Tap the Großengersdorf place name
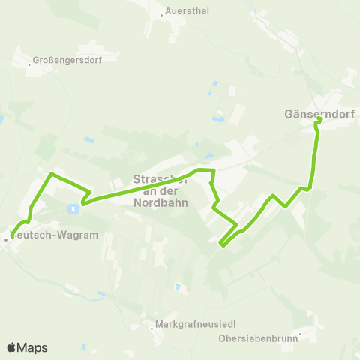pos(67,59)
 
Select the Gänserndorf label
pos(319,115)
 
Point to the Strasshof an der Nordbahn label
pos(160,190)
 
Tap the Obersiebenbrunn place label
pos(259,338)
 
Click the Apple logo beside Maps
pos(11,347)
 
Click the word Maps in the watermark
pos(32,348)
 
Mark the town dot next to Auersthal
pos(163,14)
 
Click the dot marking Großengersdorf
pos(29,64)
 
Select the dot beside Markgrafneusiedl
pos(151,326)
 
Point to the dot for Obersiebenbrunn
pos(299,334)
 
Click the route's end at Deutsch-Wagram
pos(13,237)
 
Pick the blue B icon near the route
pos(73,208)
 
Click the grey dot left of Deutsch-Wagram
pos(6,239)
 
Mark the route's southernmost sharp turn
pos(221,244)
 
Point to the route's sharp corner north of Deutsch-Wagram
pos(51,175)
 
